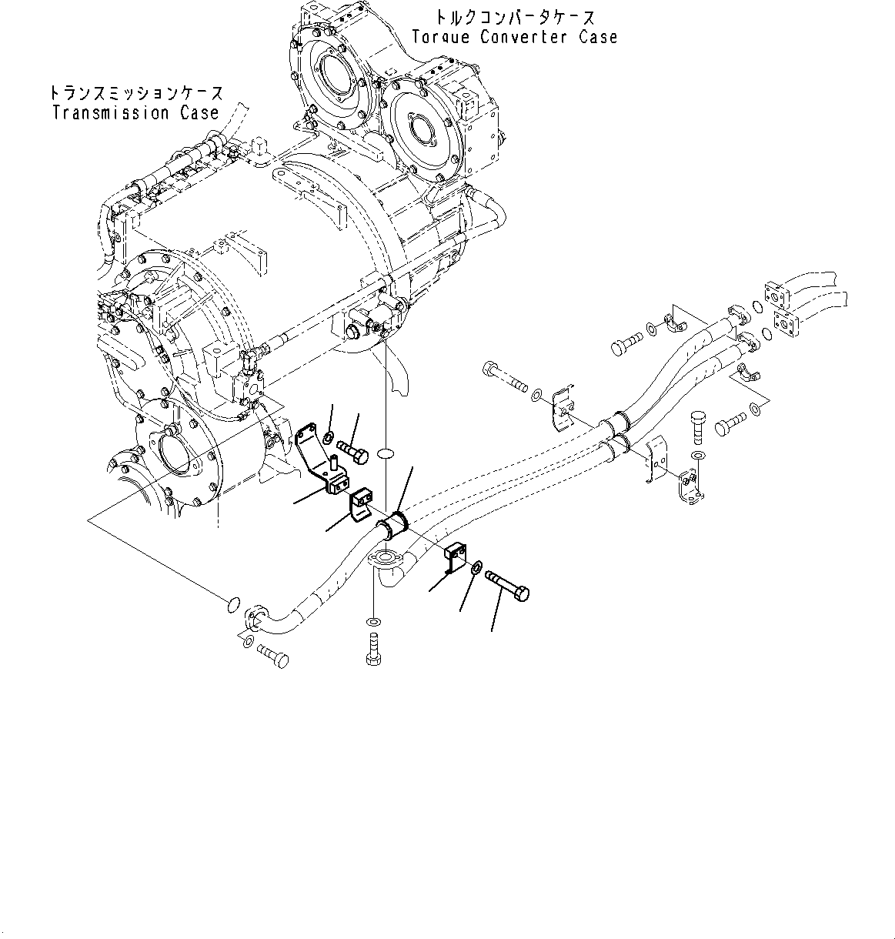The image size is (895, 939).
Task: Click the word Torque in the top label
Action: (x=441, y=37)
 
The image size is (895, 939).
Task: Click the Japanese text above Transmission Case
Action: (x=136, y=93)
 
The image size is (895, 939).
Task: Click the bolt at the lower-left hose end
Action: (x=270, y=656)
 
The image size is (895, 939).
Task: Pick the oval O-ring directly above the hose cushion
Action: (x=386, y=456)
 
